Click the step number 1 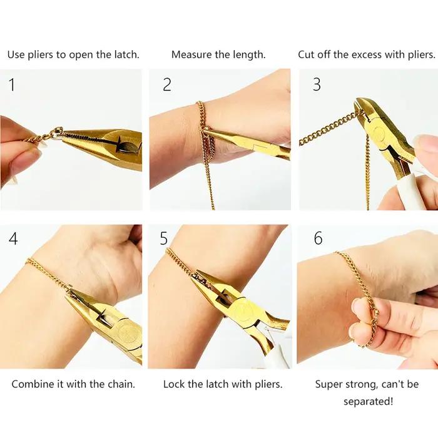coord(12,84)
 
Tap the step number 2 coord(167,84)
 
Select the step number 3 coord(317,84)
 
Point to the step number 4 coord(13,238)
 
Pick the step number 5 coord(164,238)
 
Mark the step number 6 coord(318,238)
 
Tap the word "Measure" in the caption coord(191,54)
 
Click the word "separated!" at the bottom coord(368,402)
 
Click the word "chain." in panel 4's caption coord(121,384)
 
